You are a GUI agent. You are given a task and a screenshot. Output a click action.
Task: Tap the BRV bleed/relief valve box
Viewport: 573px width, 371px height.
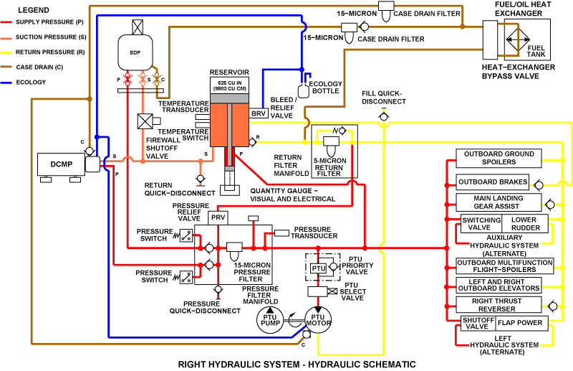coord(258,113)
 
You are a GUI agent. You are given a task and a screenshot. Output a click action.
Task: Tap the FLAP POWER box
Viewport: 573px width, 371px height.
coord(521,322)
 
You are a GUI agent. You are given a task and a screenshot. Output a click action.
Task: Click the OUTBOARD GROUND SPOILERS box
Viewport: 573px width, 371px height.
coord(499,158)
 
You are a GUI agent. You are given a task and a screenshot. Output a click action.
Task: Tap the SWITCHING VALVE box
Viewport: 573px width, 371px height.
coord(475,223)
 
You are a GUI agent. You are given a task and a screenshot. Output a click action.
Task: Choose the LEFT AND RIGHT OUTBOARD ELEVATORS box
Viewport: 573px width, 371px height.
coord(499,285)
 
